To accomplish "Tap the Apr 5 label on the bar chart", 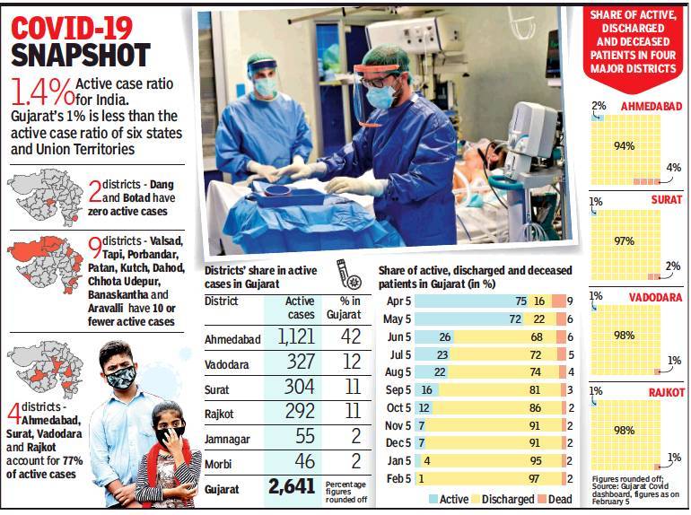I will pos(398,301).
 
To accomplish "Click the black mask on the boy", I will pos(121,377).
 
